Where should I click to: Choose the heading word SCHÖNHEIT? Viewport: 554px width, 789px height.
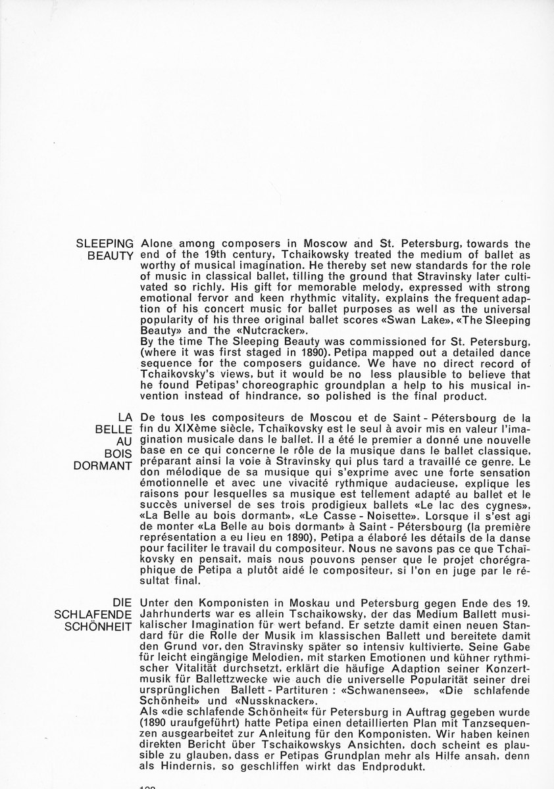(x=103, y=625)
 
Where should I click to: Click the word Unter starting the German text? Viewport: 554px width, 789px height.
(x=155, y=602)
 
